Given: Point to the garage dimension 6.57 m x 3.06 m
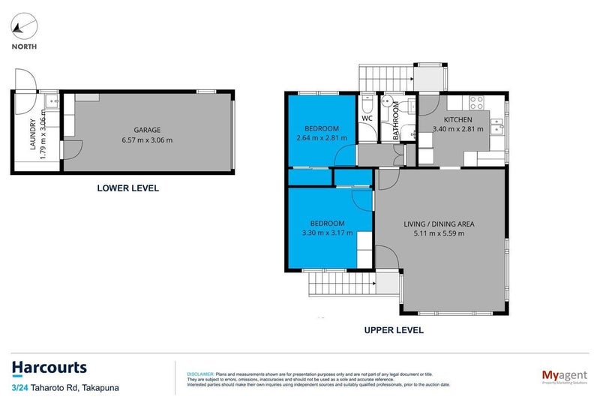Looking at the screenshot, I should [147, 140].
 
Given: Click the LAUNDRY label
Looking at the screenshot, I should [33, 135].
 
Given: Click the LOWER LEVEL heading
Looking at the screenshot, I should [128, 188].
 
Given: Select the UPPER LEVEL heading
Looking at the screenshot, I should [394, 329].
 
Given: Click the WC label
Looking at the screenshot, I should [367, 119].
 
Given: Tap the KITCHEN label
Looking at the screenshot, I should [457, 120].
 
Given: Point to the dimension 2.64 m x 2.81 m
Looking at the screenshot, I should [322, 138].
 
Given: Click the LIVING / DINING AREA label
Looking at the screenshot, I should [439, 224].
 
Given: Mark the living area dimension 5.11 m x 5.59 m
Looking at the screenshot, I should [439, 233].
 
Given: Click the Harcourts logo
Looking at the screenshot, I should [49, 368].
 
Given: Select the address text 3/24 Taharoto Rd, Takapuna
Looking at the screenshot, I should [65, 387].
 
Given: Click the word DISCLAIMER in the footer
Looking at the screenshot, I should [199, 373].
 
